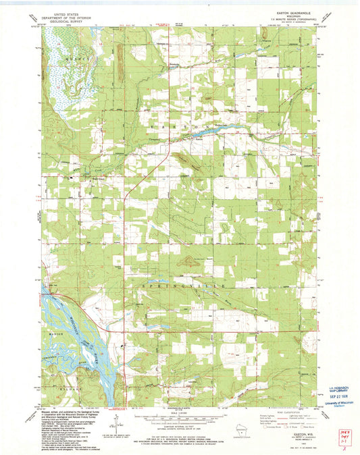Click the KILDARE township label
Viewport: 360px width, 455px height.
pyautogui.click(x=55, y=390)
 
